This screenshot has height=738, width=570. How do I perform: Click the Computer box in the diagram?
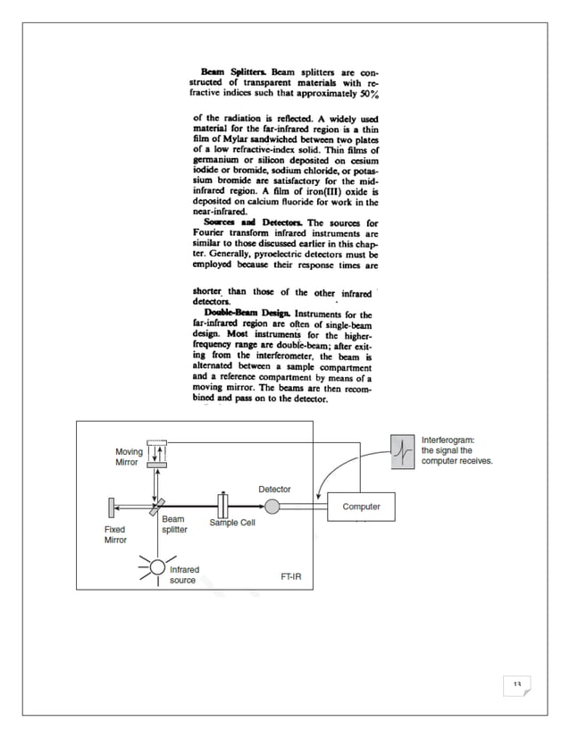pyautogui.click(x=361, y=507)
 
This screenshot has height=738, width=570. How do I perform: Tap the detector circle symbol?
pyautogui.click(x=272, y=507)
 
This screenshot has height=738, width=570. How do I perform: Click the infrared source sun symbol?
pyautogui.click(x=157, y=566)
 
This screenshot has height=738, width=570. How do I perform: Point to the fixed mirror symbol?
pyautogui.click(x=109, y=507)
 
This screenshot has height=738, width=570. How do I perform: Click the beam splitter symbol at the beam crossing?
pyautogui.click(x=157, y=507)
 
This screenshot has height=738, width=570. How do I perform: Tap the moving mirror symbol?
pyautogui.click(x=157, y=455)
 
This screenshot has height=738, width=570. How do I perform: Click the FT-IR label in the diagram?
pyautogui.click(x=289, y=576)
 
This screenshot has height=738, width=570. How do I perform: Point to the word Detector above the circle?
pyautogui.click(x=274, y=489)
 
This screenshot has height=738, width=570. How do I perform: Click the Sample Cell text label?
pyautogui.click(x=232, y=523)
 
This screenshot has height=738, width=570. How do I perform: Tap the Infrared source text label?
pyautogui.click(x=184, y=574)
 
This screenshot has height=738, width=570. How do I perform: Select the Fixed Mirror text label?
pyautogui.click(x=115, y=534)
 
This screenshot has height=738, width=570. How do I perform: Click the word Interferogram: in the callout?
pyautogui.click(x=448, y=440)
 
